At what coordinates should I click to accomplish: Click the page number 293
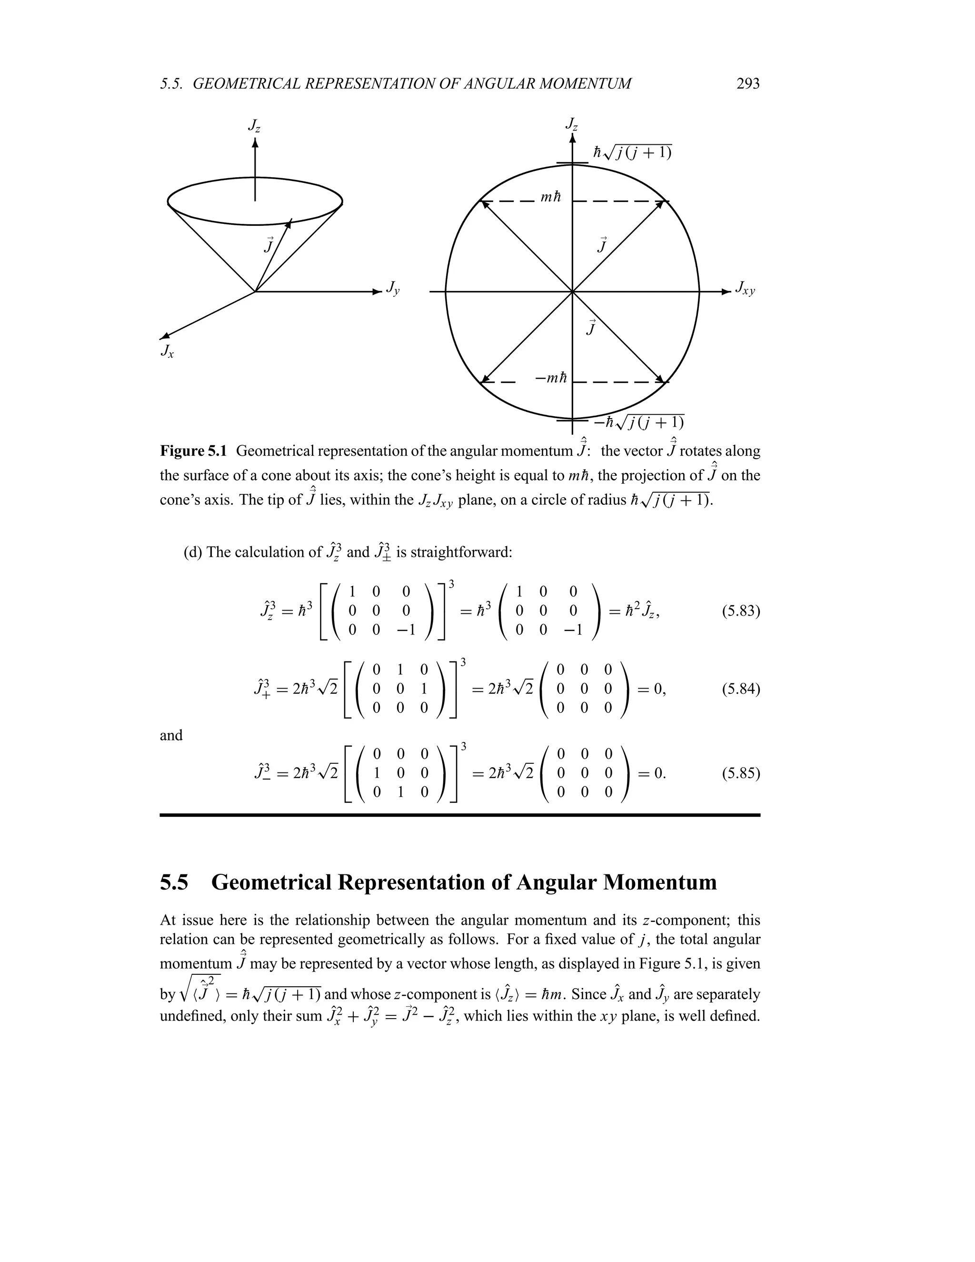(748, 84)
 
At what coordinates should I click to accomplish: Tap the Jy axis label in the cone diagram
(393, 288)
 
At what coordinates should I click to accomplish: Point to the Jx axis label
(167, 351)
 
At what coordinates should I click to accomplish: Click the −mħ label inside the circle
(550, 379)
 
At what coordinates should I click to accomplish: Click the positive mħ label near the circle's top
(550, 198)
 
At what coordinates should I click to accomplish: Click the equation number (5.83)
(740, 611)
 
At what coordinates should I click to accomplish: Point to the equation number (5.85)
(740, 773)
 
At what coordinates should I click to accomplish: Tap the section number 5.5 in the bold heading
(174, 882)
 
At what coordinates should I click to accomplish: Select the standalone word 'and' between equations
(171, 736)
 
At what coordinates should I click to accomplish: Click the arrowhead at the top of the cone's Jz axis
(255, 141)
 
